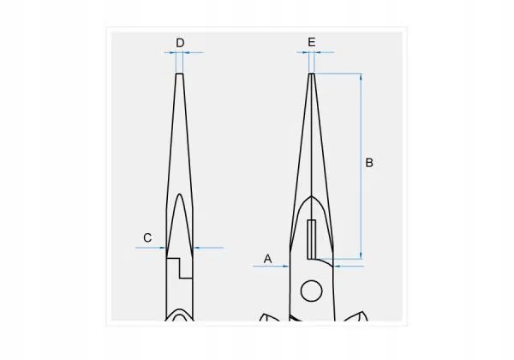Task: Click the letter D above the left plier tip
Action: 180,42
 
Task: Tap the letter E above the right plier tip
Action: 311,42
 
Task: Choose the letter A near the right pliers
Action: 267,257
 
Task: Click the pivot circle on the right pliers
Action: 311,291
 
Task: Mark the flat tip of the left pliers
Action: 180,74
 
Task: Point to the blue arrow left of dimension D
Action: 169,52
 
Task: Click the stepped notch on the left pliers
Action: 177,267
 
